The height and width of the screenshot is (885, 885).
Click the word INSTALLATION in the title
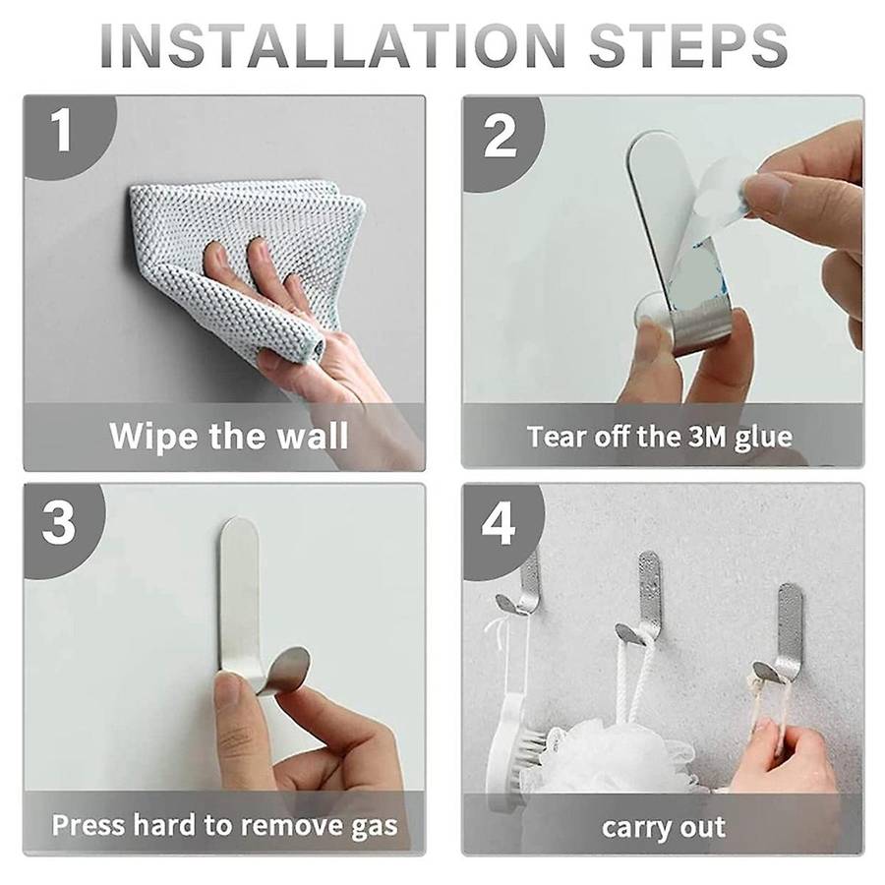[333, 45]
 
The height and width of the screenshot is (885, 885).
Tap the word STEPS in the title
[688, 45]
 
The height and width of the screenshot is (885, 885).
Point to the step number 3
[59, 523]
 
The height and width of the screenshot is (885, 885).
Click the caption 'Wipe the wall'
[229, 437]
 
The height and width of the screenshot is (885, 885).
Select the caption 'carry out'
[664, 828]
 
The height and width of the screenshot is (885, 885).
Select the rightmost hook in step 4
[782, 632]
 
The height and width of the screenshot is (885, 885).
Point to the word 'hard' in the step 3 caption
[164, 825]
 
